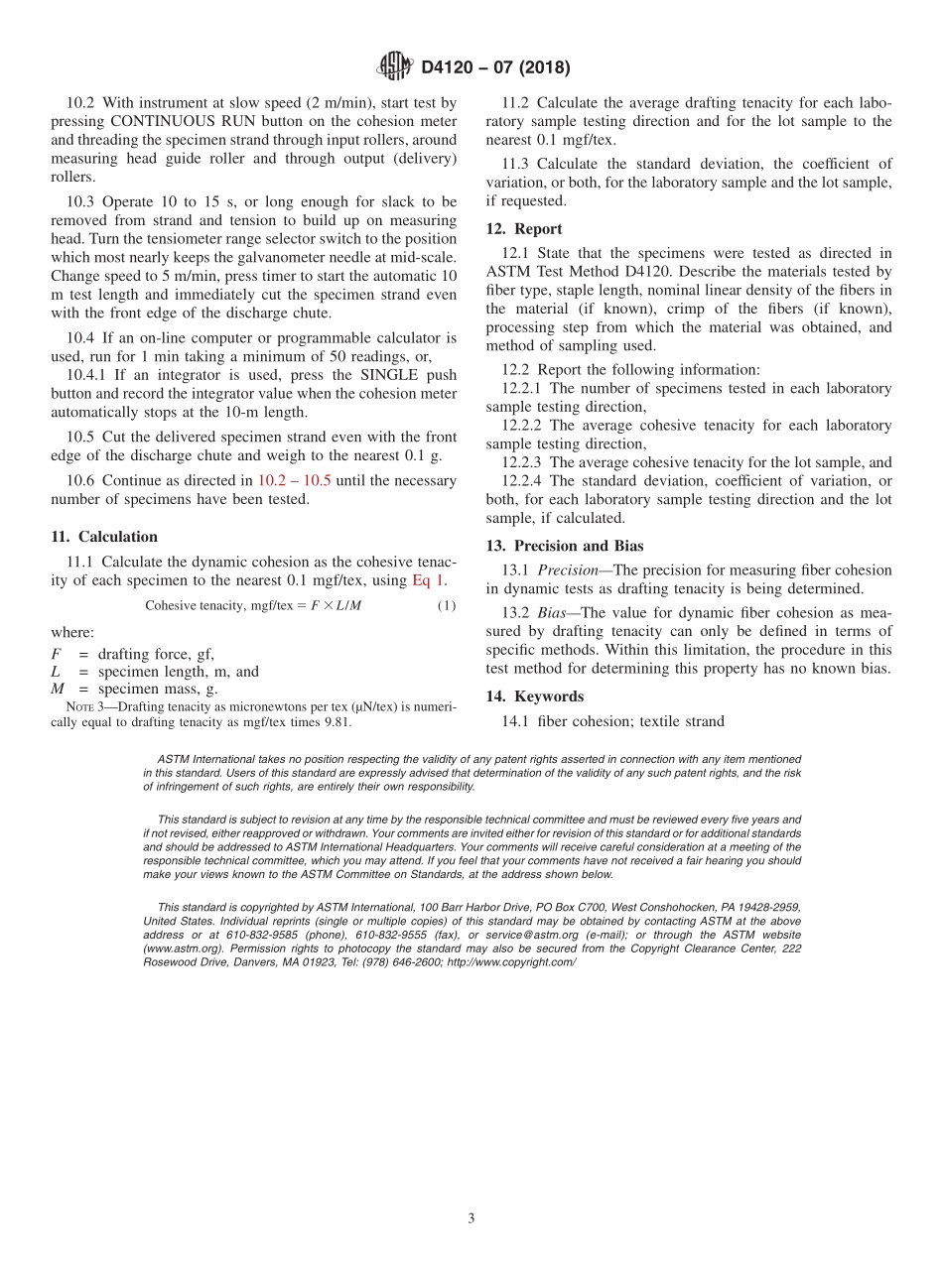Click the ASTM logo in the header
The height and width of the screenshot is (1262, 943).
(x=394, y=67)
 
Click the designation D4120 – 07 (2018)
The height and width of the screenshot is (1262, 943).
(x=495, y=68)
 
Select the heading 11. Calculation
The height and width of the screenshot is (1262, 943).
(x=103, y=537)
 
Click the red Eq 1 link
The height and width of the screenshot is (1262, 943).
(x=429, y=580)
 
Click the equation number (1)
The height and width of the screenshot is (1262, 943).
(x=447, y=606)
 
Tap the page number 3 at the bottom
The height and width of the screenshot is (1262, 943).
(x=471, y=1218)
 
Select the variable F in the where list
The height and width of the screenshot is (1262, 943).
(x=56, y=654)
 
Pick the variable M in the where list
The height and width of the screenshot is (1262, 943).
(x=58, y=690)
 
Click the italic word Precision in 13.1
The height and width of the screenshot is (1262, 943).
(x=570, y=570)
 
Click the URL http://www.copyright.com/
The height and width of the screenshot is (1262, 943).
(x=511, y=962)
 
